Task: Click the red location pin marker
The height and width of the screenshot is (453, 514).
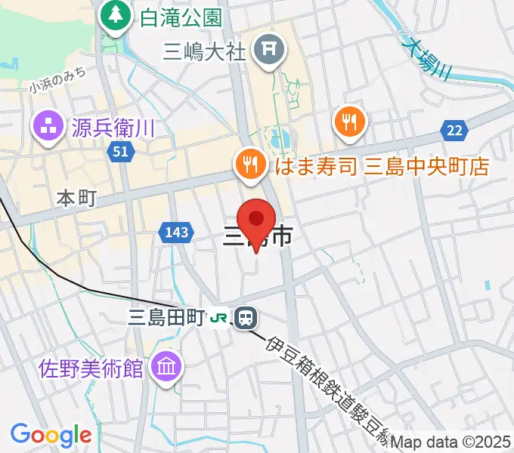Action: [x=257, y=220]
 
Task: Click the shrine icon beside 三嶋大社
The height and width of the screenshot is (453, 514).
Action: [x=268, y=51]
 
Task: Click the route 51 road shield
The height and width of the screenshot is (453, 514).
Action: [x=119, y=152]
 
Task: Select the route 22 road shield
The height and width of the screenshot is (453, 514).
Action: [x=454, y=131]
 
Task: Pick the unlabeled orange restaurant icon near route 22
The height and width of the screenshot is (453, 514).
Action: [x=349, y=122]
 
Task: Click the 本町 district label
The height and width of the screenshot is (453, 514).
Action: [x=77, y=199]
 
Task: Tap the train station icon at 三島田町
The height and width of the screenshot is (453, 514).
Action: [x=245, y=318]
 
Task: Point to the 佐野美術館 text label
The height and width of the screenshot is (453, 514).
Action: [x=91, y=368]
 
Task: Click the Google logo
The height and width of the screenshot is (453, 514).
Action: [x=51, y=435]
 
